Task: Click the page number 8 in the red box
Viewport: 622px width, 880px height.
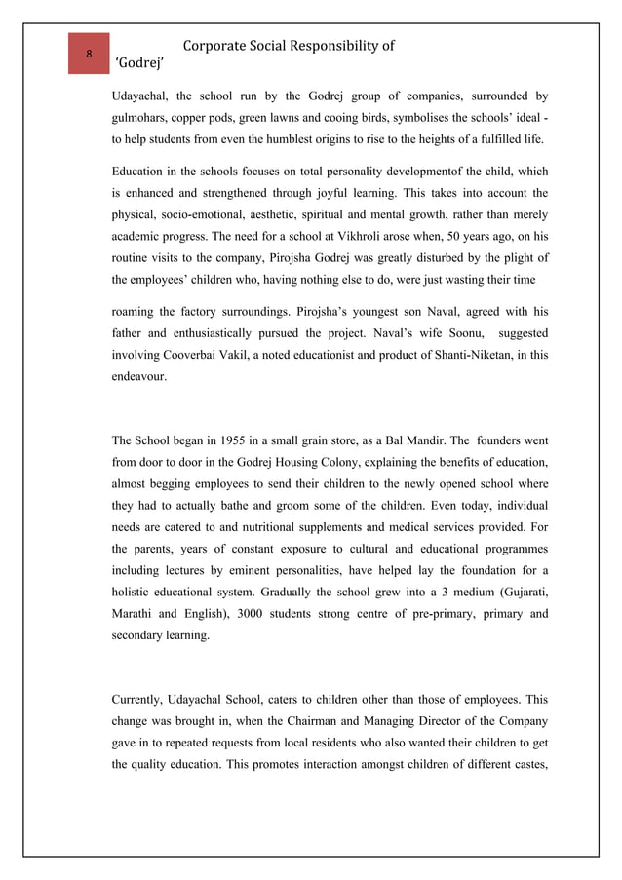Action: coord(89,54)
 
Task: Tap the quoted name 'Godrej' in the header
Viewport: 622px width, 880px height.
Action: coord(139,65)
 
